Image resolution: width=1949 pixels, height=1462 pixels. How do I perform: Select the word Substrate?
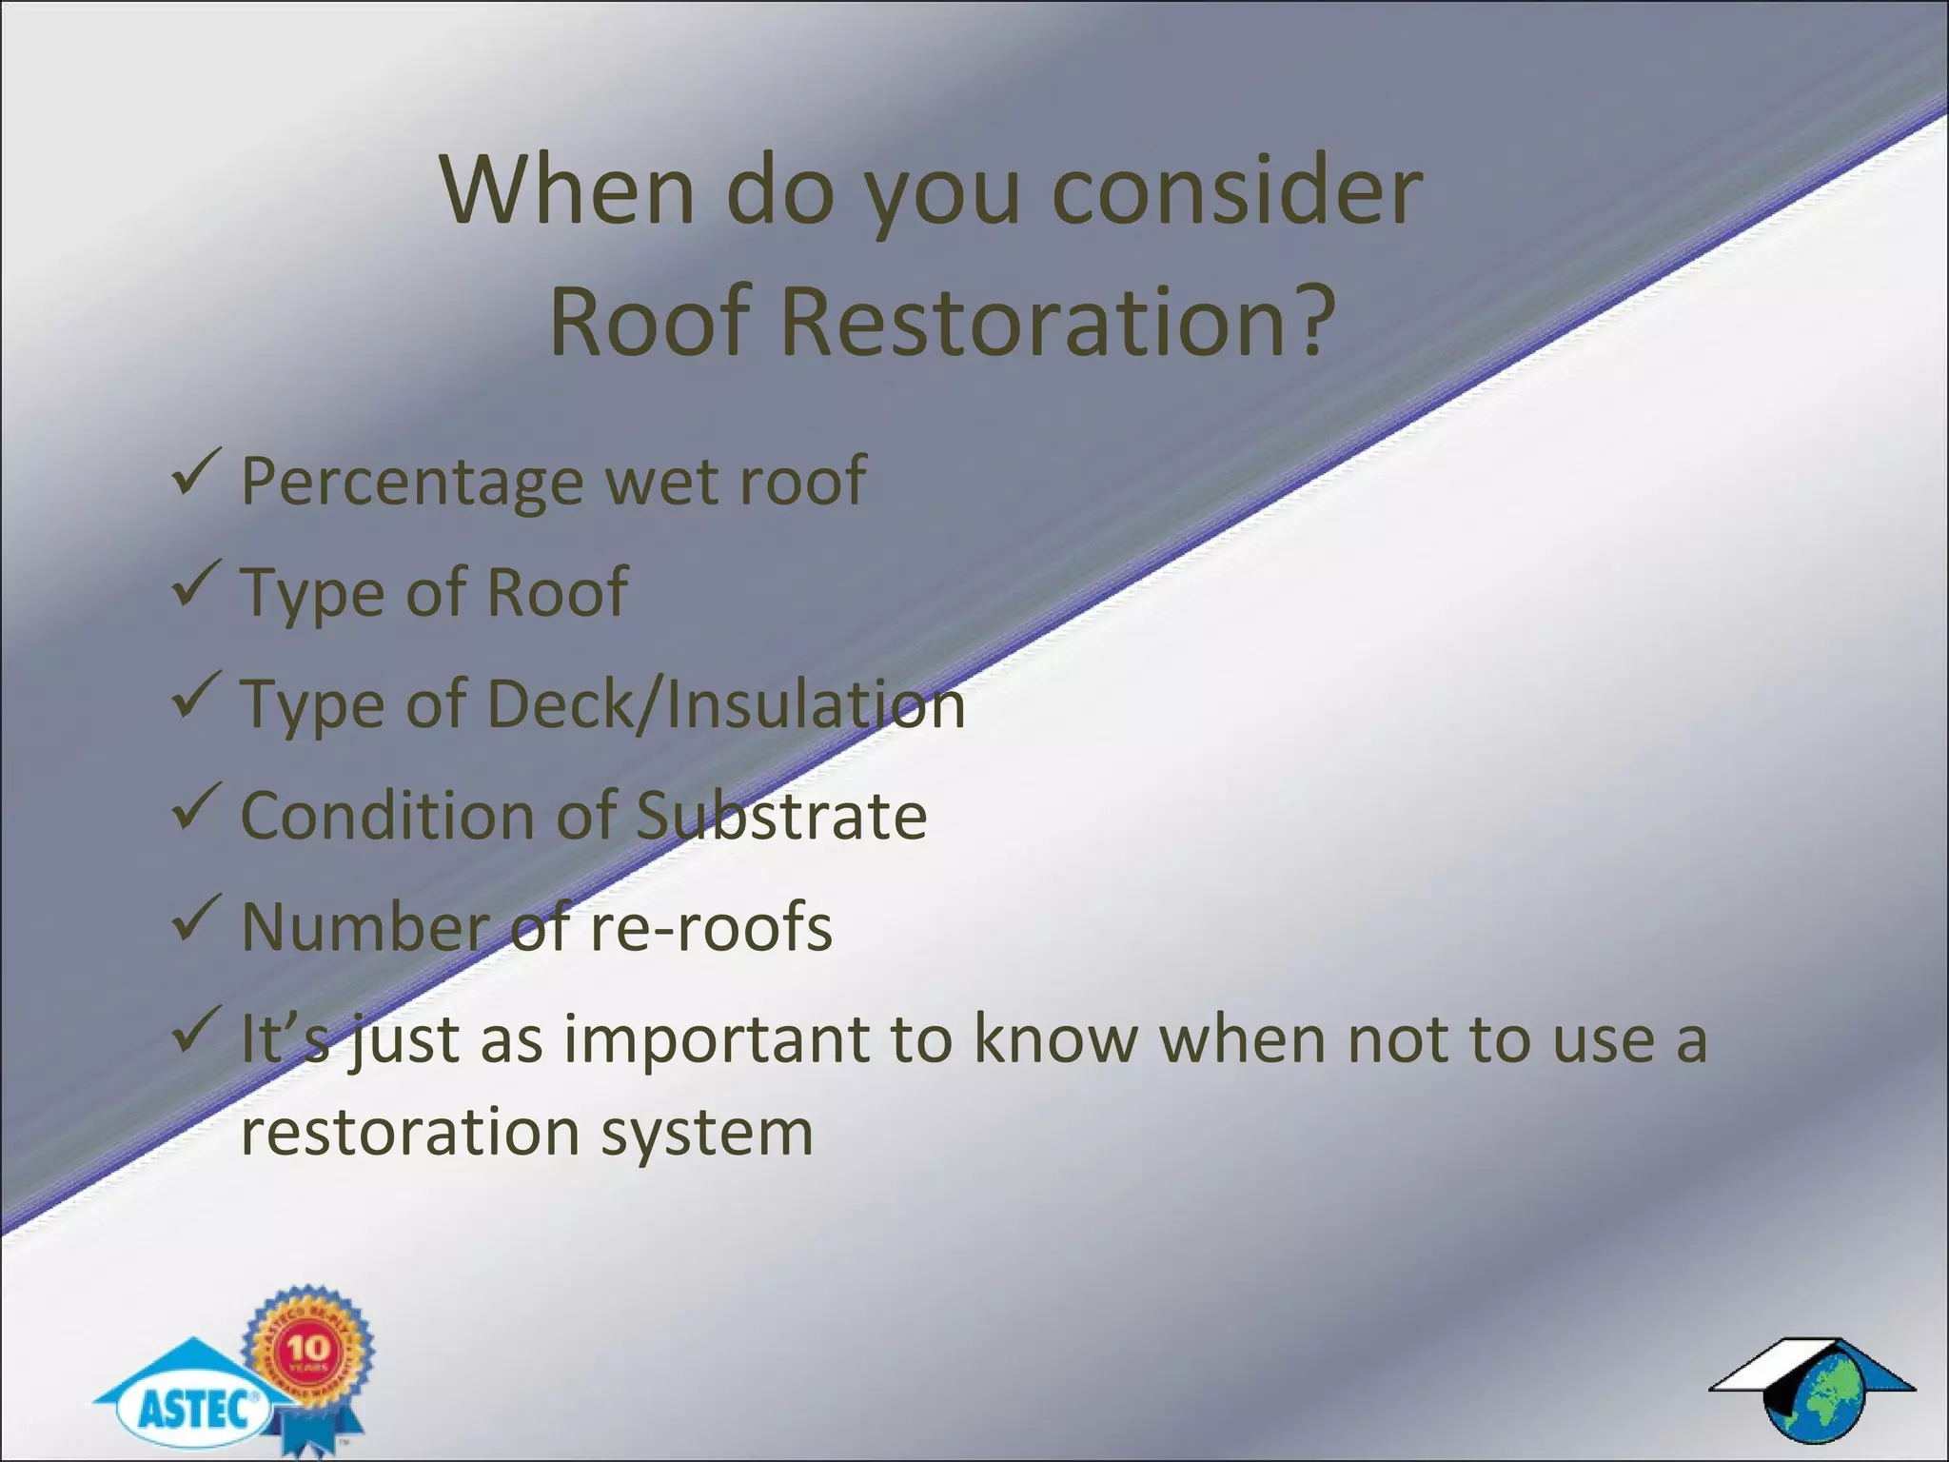[x=780, y=817]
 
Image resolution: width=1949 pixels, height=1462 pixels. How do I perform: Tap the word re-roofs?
[x=710, y=928]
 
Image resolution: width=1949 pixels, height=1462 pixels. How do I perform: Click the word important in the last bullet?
[x=716, y=1039]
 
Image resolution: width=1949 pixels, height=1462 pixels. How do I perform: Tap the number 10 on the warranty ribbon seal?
[x=308, y=1348]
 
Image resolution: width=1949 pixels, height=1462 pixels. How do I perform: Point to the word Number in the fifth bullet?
[x=362, y=928]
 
